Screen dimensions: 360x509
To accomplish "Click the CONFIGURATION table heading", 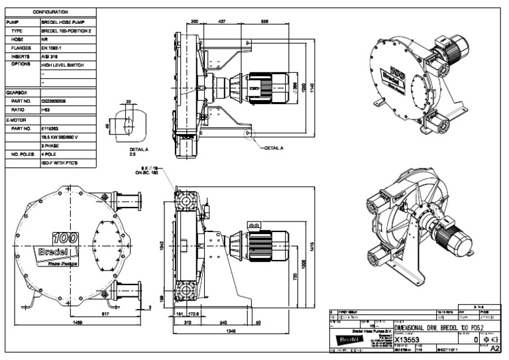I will coord(51,12).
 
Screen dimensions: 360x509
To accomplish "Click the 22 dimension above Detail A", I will coord(129,101).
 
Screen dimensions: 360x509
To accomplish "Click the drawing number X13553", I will coord(410,339).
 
